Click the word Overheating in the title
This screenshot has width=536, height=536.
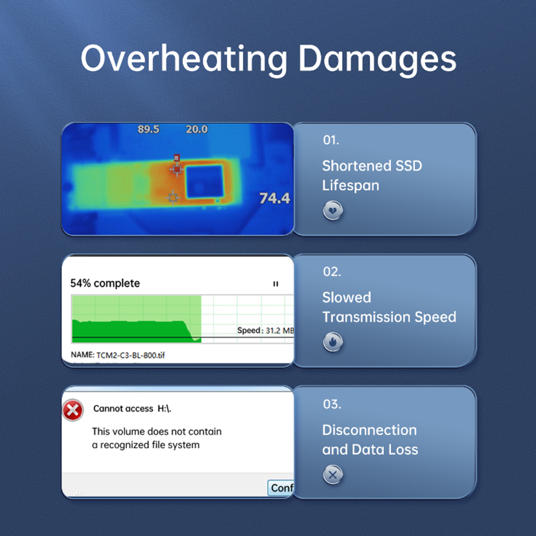(184, 59)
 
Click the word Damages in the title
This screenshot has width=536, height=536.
(377, 59)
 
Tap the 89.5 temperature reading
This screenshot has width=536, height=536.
(148, 129)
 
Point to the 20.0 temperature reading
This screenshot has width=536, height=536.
(197, 129)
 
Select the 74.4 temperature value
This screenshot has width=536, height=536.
(274, 198)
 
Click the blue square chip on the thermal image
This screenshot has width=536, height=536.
(204, 182)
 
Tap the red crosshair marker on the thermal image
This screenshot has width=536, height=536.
(177, 169)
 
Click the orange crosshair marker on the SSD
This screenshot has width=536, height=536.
(173, 197)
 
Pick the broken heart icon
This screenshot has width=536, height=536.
(333, 210)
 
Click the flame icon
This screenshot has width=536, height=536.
(333, 341)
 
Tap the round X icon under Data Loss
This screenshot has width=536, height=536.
(333, 474)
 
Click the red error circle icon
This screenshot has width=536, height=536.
(73, 410)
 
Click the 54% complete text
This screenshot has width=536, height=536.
(105, 284)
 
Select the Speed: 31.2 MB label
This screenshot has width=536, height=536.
(265, 331)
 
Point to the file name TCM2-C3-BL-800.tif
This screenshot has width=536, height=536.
(131, 355)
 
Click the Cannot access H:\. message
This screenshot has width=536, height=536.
(132, 408)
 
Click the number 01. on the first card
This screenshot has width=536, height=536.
(331, 140)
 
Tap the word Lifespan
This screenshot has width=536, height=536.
(351, 185)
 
